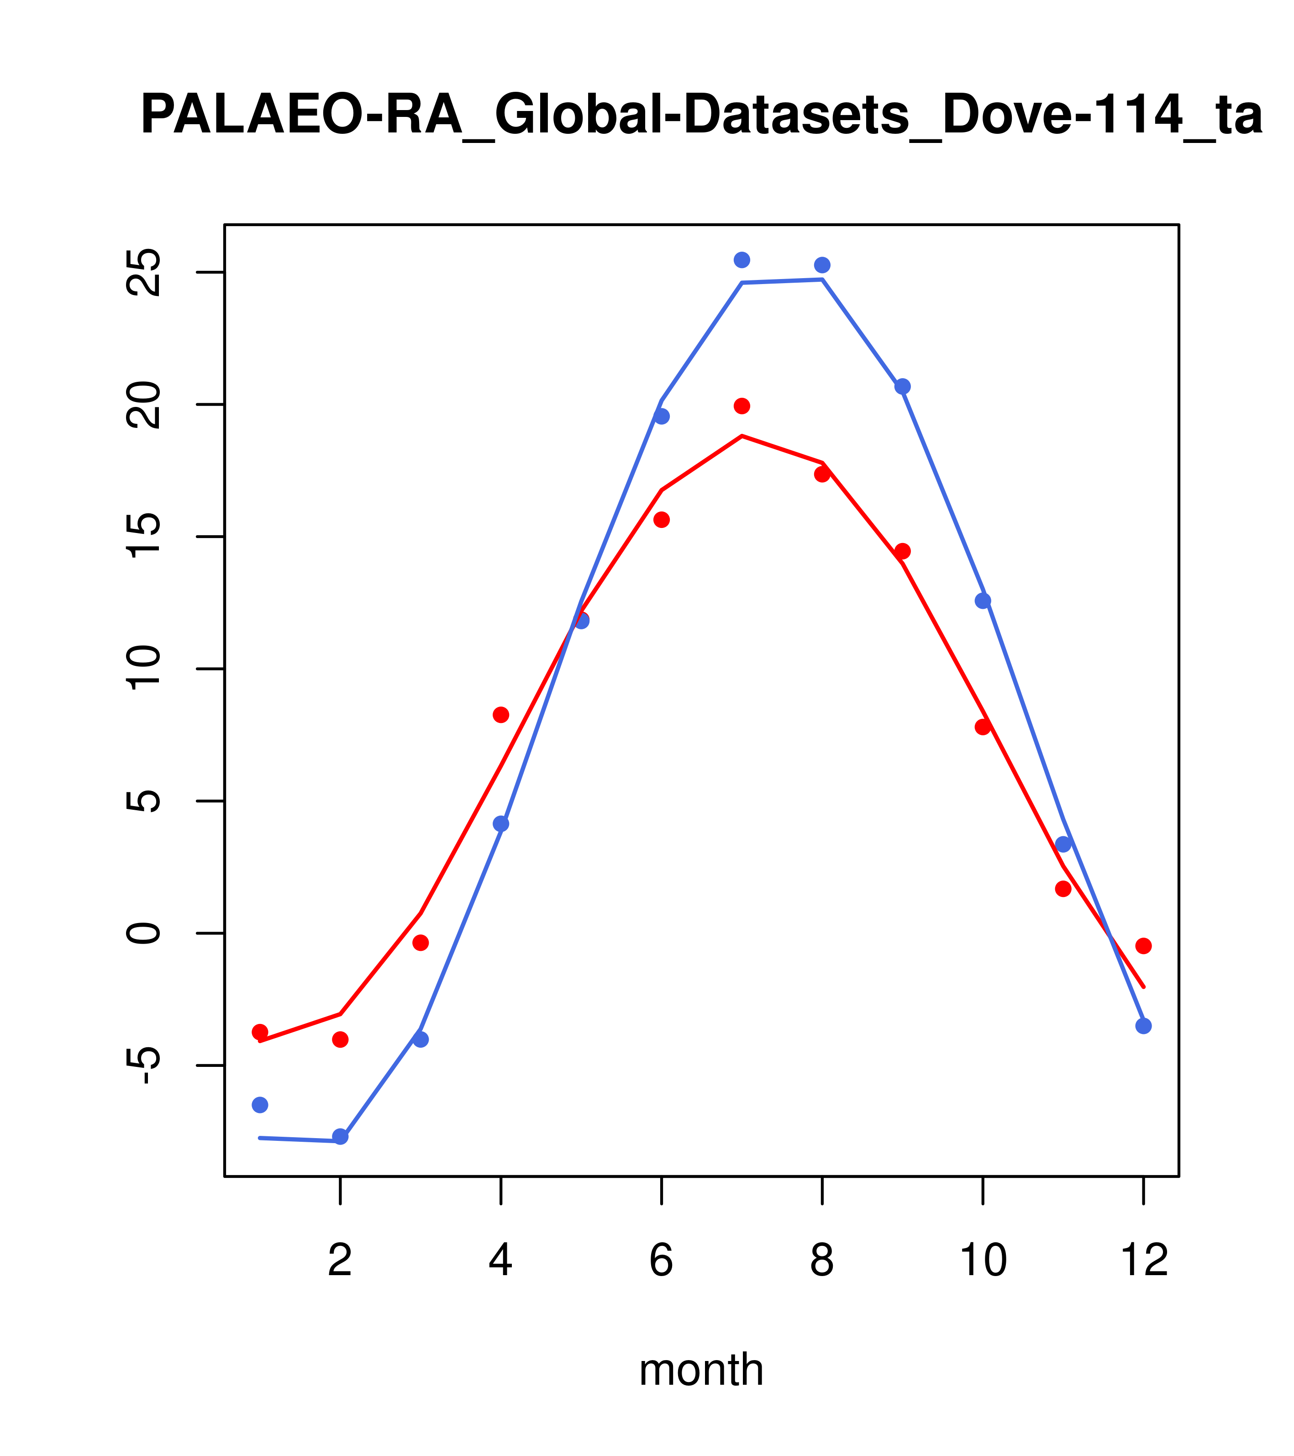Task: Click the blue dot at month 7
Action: coord(742,260)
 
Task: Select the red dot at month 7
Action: coord(742,406)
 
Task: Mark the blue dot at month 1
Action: coord(260,1105)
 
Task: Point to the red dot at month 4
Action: coord(501,714)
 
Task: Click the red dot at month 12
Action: coord(1144,946)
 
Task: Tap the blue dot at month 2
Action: coord(341,1136)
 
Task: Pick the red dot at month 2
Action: coord(341,1039)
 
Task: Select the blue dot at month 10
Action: coord(983,601)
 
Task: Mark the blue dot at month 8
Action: coord(822,265)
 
